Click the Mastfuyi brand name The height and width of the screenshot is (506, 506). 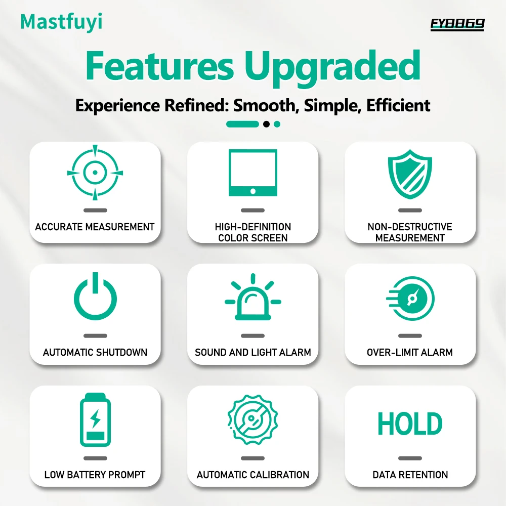61,22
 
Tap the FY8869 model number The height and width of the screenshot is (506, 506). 457,24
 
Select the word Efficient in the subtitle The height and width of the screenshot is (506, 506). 398,105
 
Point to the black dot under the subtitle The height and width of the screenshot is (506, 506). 266,124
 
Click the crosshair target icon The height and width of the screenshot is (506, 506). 95,173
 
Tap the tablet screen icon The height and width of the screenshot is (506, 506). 253,173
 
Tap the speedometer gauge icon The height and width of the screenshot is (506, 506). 411,299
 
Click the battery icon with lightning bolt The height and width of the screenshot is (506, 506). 95,419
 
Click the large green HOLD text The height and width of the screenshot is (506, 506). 410,424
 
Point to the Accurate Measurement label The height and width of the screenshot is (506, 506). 95,227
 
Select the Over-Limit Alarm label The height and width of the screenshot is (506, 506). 410,352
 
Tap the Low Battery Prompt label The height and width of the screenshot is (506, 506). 95,475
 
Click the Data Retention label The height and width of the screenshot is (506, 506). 410,475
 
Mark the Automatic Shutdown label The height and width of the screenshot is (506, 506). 95,352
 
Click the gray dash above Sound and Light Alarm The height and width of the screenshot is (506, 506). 253,335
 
